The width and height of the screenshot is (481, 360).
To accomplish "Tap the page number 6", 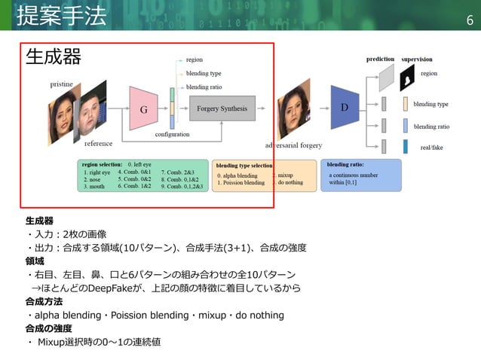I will click(470, 19).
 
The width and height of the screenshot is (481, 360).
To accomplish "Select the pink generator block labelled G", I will click(143, 108).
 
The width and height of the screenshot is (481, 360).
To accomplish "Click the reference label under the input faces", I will click(99, 143).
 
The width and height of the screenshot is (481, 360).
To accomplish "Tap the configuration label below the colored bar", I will click(172, 134).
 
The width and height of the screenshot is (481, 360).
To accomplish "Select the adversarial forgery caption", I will click(294, 144).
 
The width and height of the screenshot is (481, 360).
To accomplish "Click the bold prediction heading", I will click(380, 59).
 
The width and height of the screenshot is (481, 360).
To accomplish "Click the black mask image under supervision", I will click(408, 76).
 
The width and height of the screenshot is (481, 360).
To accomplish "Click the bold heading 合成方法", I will click(43, 301).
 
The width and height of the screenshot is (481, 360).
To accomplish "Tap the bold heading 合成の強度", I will click(48, 328).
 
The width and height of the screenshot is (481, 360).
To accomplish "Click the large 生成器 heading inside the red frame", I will click(54, 56).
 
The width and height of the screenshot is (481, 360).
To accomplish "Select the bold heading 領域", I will click(35, 261).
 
